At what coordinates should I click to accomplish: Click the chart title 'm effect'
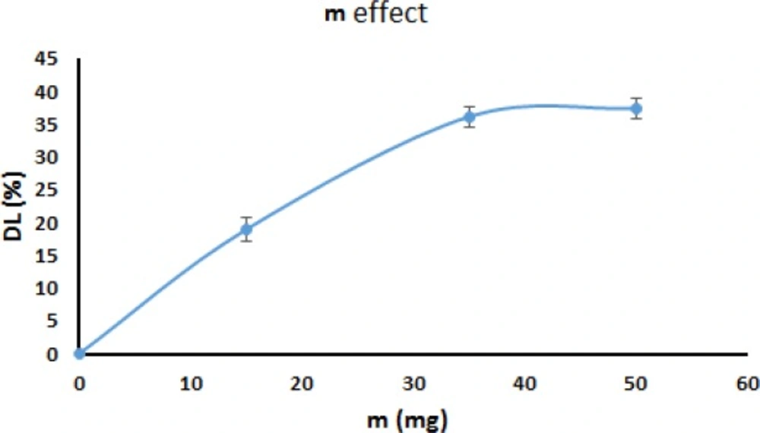pyautogui.click(x=376, y=14)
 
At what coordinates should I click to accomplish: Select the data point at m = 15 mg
pyautogui.click(x=246, y=229)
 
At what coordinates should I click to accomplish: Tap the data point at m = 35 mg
pyautogui.click(x=470, y=117)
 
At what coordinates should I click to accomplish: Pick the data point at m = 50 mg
pyautogui.click(x=636, y=109)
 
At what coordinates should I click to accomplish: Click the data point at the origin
pyautogui.click(x=79, y=353)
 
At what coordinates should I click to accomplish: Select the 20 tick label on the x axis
pyautogui.click(x=302, y=385)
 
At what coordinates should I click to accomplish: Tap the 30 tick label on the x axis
pyautogui.click(x=413, y=385)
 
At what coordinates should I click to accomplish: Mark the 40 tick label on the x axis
pyautogui.click(x=524, y=385)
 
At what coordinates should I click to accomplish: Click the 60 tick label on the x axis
pyautogui.click(x=747, y=385)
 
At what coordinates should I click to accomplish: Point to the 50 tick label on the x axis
pyautogui.click(x=636, y=385)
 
